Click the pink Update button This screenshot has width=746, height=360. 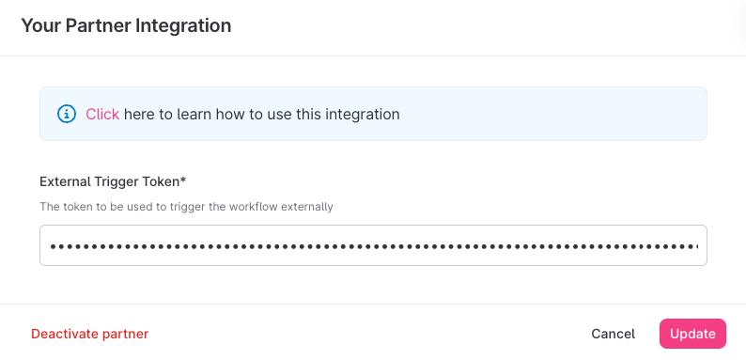coord(692,334)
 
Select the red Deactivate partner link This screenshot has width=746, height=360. coord(90,334)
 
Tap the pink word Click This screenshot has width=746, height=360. coord(102,115)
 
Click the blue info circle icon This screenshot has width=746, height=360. coord(67,115)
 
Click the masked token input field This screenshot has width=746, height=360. coord(373,245)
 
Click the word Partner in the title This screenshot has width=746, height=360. coord(98,25)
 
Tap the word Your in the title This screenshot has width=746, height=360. coord(41,25)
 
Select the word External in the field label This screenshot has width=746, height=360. coord(59,181)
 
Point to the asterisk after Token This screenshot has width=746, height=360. coord(183,180)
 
